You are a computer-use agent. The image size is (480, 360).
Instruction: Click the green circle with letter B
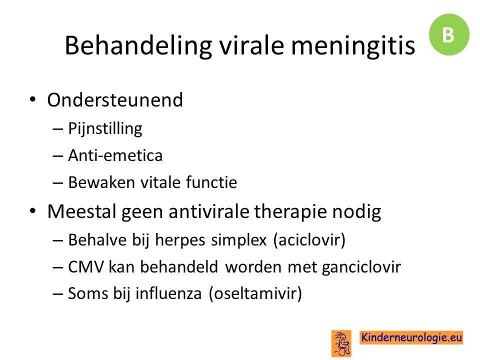[x=449, y=34]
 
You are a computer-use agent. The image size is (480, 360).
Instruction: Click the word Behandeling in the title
[x=138, y=46]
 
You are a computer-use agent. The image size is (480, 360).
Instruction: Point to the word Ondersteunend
[x=115, y=100]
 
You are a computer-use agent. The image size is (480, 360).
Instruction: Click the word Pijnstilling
[x=105, y=128]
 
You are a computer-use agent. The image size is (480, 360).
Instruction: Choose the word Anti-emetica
[x=115, y=155]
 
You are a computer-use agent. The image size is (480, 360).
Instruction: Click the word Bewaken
[x=101, y=182]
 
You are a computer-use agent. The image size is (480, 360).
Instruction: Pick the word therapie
[x=290, y=212]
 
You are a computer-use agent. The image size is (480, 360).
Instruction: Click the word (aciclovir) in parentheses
[x=309, y=239]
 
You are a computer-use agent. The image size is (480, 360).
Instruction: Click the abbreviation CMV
[x=86, y=266]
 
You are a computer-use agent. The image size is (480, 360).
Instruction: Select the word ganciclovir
[x=361, y=267]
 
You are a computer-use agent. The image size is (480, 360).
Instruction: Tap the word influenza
[x=168, y=293]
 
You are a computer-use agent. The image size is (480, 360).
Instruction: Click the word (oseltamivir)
[x=255, y=293]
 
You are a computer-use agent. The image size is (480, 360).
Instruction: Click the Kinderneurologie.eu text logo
[x=411, y=337]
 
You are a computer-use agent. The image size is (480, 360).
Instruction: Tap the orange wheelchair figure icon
[x=341, y=343]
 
